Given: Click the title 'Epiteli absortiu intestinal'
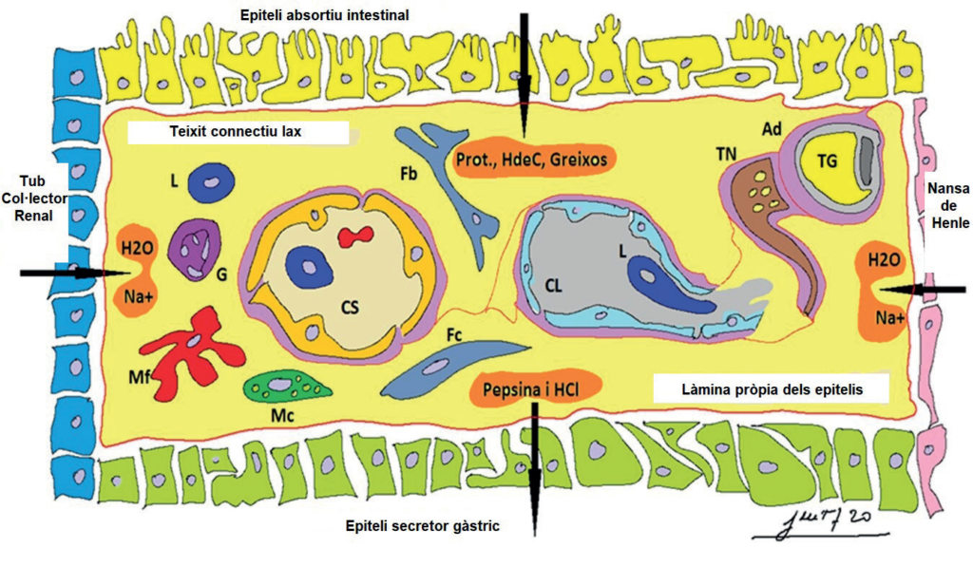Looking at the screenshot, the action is click(x=325, y=15).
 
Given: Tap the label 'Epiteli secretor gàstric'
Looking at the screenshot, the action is click(x=422, y=526).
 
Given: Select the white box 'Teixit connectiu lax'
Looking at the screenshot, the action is click(x=238, y=132).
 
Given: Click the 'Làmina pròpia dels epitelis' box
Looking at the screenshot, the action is click(x=772, y=389).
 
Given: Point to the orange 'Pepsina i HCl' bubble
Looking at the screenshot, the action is click(x=535, y=389).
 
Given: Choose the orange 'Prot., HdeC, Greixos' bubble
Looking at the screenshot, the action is click(x=532, y=159).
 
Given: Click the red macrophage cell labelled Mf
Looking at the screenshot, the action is click(x=192, y=353).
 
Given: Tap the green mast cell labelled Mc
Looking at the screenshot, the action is click(x=287, y=387).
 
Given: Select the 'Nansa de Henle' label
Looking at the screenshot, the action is click(x=947, y=205).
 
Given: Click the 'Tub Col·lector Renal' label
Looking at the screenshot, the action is click(x=33, y=198).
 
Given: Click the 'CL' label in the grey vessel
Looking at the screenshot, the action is click(x=554, y=286).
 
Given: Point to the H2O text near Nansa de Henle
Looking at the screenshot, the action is click(x=884, y=260).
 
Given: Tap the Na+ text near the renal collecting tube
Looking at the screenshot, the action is click(x=139, y=296).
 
